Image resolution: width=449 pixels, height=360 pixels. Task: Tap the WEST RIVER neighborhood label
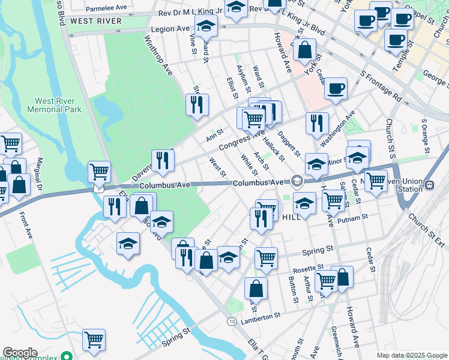pos(95,20)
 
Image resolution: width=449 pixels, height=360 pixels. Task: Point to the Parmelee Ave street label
pos(106,9)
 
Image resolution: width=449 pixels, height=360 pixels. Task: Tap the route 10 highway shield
pos(231,322)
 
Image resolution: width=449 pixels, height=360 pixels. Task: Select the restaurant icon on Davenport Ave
pos(163,160)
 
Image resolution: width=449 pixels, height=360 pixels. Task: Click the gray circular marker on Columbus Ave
pos(297,181)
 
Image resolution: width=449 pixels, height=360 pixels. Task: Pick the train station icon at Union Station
pos(429,186)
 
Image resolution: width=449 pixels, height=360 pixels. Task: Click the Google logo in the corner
pos(20,353)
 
